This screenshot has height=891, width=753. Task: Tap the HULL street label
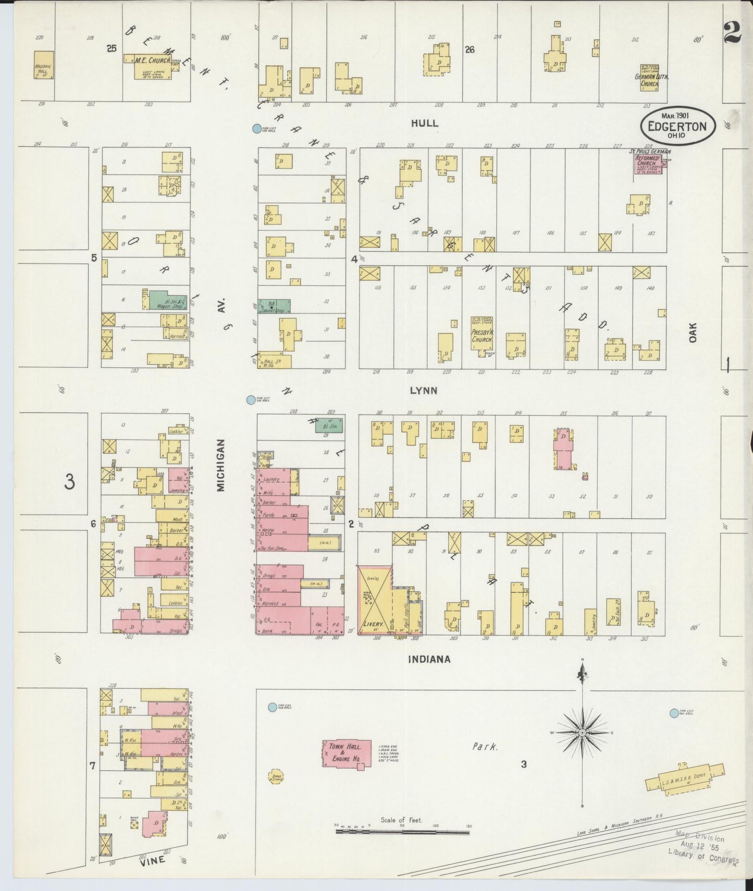(424, 123)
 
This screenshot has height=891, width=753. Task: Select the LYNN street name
(423, 390)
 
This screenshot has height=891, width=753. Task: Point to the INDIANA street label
(429, 659)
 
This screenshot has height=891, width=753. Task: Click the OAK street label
(693, 332)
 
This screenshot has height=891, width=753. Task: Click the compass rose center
(583, 733)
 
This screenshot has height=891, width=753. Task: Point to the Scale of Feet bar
(402, 832)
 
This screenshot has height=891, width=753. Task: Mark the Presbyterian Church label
(482, 336)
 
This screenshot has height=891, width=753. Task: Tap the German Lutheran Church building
(650, 78)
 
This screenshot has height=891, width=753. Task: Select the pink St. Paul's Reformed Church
(647, 164)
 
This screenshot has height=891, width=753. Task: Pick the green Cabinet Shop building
(274, 306)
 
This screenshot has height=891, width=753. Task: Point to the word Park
(485, 747)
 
